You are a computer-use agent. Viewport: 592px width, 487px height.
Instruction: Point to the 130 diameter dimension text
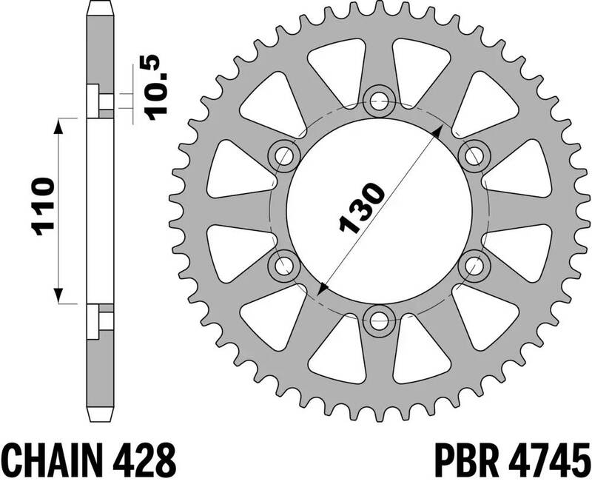(x=361, y=208)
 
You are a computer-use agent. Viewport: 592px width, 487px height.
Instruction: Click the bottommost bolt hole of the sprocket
(x=380, y=320)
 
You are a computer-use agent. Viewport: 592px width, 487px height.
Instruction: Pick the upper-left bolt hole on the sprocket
(x=284, y=155)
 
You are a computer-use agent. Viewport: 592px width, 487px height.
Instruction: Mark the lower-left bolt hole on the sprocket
(x=284, y=264)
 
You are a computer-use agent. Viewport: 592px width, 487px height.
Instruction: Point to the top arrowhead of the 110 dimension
(x=58, y=123)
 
